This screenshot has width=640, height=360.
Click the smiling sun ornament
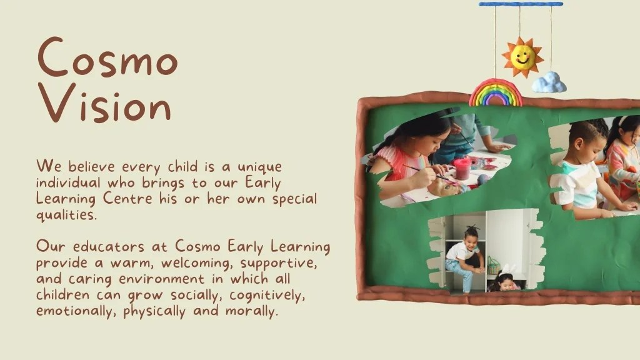point(522,57)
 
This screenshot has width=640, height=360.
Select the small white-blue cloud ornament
point(549,82)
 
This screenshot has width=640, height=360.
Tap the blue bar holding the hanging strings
point(521,4)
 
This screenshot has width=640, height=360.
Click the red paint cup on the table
point(462,168)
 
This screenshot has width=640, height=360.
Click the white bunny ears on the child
point(508,271)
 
